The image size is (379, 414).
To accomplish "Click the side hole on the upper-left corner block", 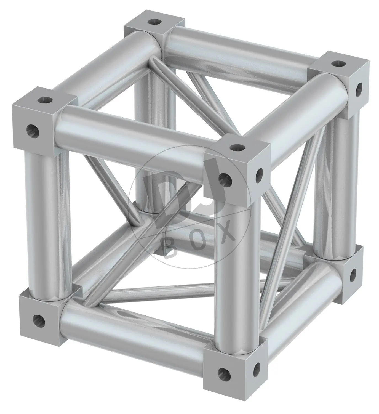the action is point(33,131).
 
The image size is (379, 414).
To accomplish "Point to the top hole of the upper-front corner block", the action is point(237,147).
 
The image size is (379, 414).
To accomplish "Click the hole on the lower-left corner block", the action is point(39,321).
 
